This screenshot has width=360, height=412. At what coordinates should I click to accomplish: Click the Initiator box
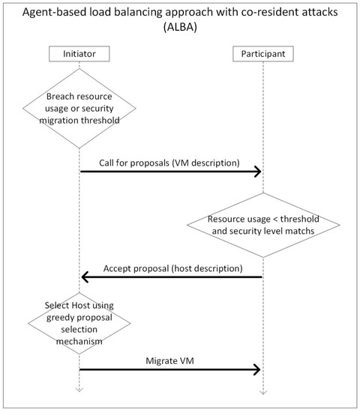(x=80, y=54)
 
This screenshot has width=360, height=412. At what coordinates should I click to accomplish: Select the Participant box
(x=262, y=54)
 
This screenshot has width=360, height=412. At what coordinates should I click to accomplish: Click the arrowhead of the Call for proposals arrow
(x=258, y=172)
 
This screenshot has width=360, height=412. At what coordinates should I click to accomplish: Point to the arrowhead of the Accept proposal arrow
(x=85, y=278)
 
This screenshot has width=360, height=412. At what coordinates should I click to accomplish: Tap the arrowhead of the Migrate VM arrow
(x=258, y=369)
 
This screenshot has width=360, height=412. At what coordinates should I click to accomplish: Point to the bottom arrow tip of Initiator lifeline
(x=80, y=390)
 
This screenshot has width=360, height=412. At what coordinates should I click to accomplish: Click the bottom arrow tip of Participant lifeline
(x=262, y=390)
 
